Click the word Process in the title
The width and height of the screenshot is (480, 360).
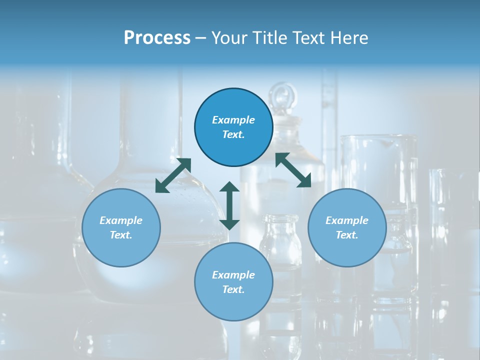(x=157, y=38)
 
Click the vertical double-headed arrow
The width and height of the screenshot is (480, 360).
(x=229, y=205)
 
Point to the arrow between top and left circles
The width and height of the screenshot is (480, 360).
(x=173, y=175)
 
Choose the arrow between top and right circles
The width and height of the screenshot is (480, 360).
(x=293, y=170)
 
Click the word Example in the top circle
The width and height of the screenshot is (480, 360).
(x=233, y=120)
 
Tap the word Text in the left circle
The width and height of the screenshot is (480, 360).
(x=121, y=235)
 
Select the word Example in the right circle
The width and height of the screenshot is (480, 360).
(x=347, y=220)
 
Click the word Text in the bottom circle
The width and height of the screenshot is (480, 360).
(x=233, y=289)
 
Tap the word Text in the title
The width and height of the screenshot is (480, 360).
(x=311, y=38)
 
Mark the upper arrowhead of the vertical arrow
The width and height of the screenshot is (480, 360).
(x=229, y=187)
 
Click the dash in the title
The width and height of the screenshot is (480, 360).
(x=201, y=38)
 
